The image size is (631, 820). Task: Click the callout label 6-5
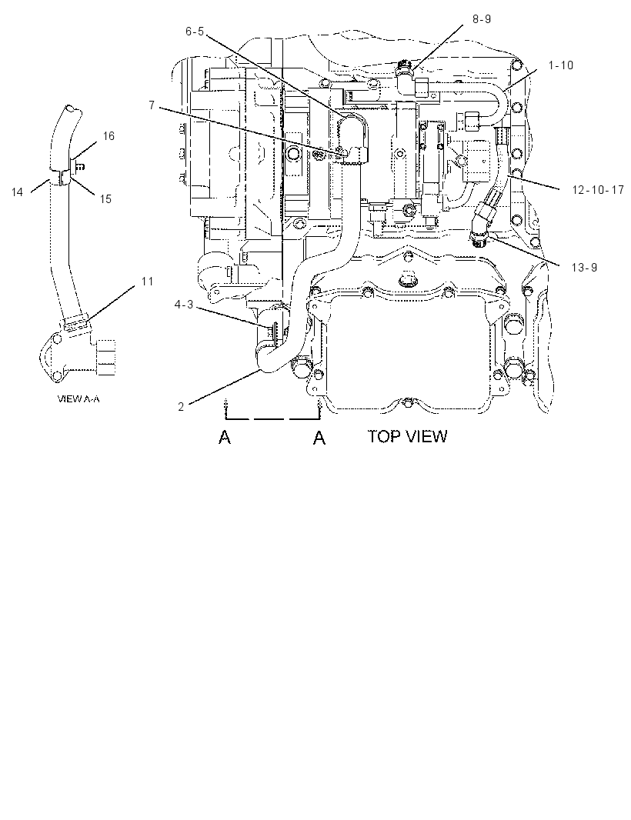pyautogui.click(x=195, y=32)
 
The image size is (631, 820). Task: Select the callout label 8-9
pyautogui.click(x=482, y=18)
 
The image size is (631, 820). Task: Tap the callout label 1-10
pyautogui.click(x=561, y=65)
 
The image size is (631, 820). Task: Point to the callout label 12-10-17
pyautogui.click(x=598, y=190)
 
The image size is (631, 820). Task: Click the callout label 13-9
pyautogui.click(x=584, y=268)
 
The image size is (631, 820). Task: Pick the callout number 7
pyautogui.click(x=152, y=105)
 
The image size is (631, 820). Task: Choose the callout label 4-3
pyautogui.click(x=184, y=305)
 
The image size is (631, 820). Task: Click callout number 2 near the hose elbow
pyautogui.click(x=181, y=407)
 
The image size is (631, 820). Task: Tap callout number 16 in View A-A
pyautogui.click(x=109, y=136)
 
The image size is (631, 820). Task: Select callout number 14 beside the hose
pyautogui.click(x=17, y=192)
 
